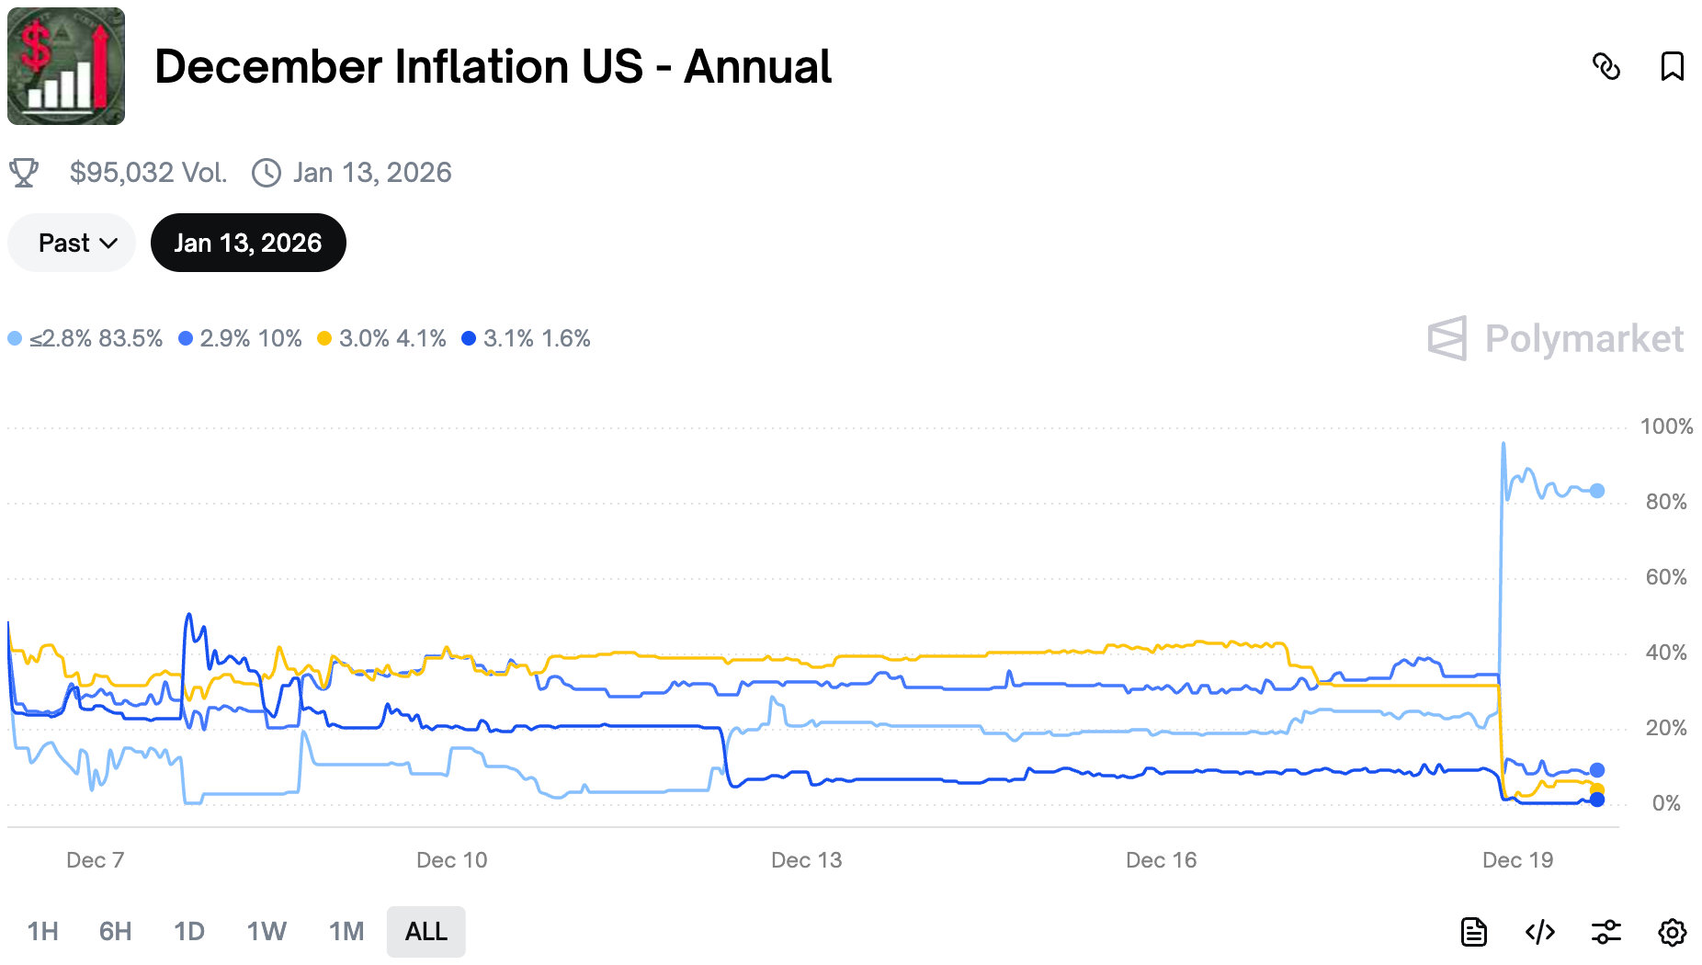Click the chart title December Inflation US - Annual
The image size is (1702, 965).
[x=493, y=67]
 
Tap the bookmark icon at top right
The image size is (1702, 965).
[x=1672, y=66]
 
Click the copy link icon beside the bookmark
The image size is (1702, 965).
[x=1606, y=66]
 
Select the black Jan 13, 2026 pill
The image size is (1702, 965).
[x=248, y=243]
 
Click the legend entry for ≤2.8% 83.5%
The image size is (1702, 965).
[x=85, y=338]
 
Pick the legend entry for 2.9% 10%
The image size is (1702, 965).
[x=240, y=338]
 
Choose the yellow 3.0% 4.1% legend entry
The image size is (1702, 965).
[x=381, y=338]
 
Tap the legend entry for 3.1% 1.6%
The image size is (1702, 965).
[x=526, y=338]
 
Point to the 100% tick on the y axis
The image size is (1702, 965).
[x=1665, y=426]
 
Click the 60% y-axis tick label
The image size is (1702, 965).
[x=1665, y=577]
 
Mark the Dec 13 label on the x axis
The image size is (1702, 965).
[x=806, y=860]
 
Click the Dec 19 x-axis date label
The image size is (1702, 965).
[x=1517, y=860]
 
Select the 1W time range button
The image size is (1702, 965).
[x=267, y=932]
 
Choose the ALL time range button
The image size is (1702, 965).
[x=425, y=932]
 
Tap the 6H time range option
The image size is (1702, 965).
[x=115, y=932]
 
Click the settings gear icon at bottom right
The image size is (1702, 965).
[x=1672, y=932]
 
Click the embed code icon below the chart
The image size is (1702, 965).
[x=1539, y=932]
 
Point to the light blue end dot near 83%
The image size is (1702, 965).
[x=1597, y=491]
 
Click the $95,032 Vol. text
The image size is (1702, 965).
[x=148, y=173]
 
